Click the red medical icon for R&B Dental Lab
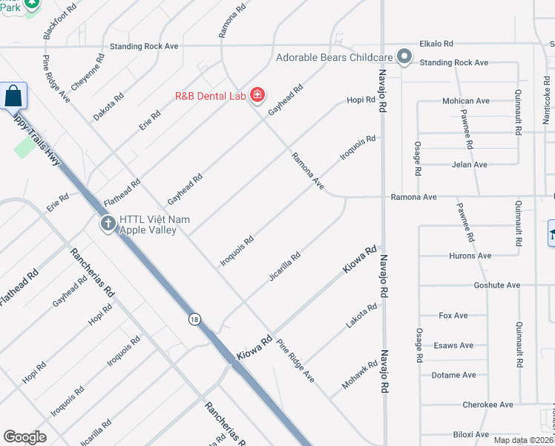pyautogui.click(x=257, y=95)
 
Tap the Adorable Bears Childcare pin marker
pyautogui.click(x=404, y=56)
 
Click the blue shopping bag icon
pyautogui.click(x=13, y=96)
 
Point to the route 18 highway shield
pyautogui.click(x=194, y=319)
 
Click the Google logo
pyautogui.click(x=24, y=437)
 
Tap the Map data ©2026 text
pyautogui.click(x=523, y=440)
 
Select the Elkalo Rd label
pyautogui.click(x=436, y=45)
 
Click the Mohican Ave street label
pyautogui.click(x=466, y=101)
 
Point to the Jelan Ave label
pyautogui.click(x=469, y=164)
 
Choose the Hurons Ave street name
pyautogui.click(x=470, y=256)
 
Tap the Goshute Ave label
pyautogui.click(x=496, y=285)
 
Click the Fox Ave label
pyautogui.click(x=453, y=316)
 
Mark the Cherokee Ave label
pyautogui.click(x=487, y=405)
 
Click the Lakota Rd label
pyautogui.click(x=362, y=316)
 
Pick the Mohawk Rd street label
pyautogui.click(x=360, y=375)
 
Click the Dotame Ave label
pyautogui.click(x=453, y=375)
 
